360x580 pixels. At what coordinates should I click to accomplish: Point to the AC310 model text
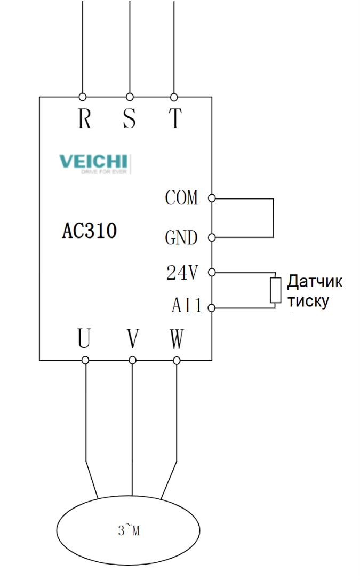click(x=90, y=232)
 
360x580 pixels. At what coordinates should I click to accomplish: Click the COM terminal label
click(x=181, y=198)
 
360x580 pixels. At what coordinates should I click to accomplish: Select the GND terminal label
click(x=181, y=237)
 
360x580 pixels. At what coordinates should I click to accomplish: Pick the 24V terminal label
click(x=182, y=273)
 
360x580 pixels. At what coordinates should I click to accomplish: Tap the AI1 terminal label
click(x=187, y=306)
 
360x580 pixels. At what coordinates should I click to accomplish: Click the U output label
click(x=84, y=338)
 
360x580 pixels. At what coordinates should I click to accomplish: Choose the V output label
click(x=133, y=338)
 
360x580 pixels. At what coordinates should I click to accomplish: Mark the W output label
click(x=177, y=338)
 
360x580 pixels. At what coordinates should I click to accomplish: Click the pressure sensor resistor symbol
click(x=275, y=290)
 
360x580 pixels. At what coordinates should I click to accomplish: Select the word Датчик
click(x=315, y=281)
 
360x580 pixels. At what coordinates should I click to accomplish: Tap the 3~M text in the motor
click(x=129, y=531)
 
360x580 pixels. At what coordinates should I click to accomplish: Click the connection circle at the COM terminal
click(x=212, y=198)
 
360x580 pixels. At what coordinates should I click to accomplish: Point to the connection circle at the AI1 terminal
click(x=212, y=308)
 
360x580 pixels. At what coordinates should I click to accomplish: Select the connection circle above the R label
click(x=83, y=97)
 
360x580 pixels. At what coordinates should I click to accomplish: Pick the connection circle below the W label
click(x=177, y=360)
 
